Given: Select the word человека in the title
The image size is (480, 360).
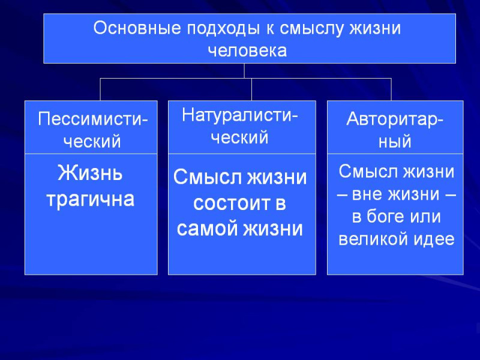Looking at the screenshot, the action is point(247,50).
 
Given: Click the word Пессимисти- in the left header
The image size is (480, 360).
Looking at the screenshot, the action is point(93,118).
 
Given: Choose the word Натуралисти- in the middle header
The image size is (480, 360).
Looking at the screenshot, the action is point(239,115).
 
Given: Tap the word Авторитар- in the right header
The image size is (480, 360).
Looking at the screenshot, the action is point(395,119).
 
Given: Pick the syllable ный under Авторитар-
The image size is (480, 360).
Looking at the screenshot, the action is point(395,142).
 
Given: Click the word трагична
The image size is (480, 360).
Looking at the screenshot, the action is point(91,200).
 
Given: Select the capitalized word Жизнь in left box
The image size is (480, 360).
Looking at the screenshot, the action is point(90,173).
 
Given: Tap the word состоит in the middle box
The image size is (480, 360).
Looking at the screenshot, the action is point(230,203).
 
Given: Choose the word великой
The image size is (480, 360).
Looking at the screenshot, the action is point(374,239).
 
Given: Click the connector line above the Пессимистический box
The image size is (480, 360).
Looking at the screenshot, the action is point(100,89).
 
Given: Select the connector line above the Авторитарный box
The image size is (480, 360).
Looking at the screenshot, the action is point(391,89).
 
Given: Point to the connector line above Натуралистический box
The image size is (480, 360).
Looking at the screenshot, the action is point(251,89).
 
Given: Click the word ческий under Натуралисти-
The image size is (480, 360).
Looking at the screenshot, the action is point(239,138).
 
